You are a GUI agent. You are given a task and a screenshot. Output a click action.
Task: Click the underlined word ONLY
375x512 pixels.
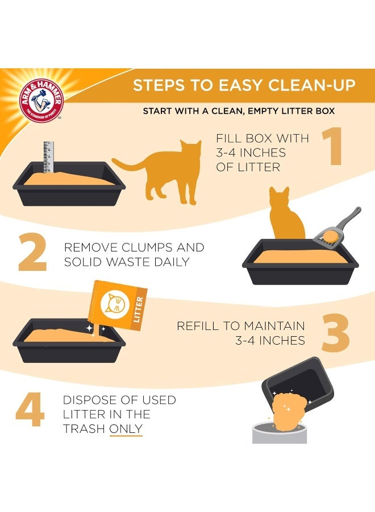[126, 429]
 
